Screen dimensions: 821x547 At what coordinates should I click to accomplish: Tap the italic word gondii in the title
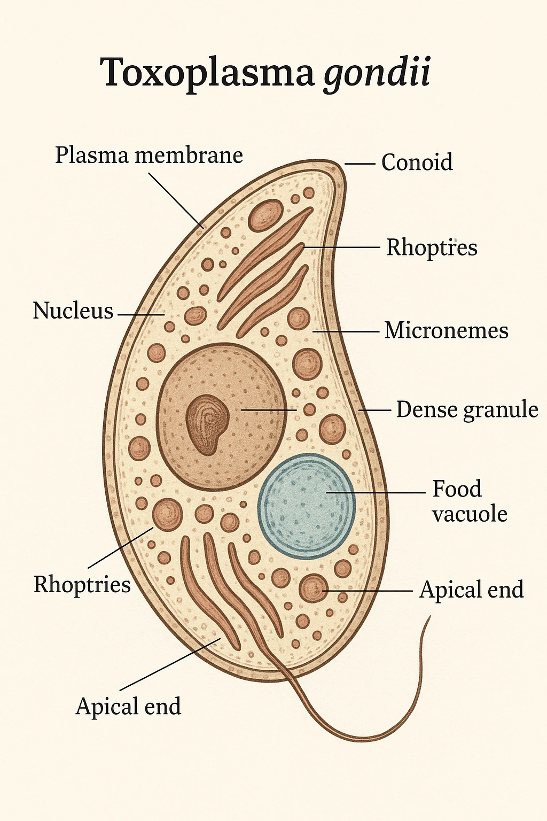tap(377, 73)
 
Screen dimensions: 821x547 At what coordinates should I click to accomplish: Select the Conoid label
tap(417, 162)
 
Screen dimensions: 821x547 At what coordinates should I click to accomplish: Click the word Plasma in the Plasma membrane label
tap(92, 156)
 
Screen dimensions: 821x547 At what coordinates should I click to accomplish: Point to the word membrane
tap(189, 156)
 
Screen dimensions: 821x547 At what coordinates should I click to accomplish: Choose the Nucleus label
tap(73, 311)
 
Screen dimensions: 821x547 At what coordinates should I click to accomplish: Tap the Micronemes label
tap(446, 330)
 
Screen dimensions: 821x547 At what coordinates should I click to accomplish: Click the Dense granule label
tap(467, 410)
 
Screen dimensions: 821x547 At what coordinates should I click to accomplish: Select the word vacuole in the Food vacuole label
tap(470, 514)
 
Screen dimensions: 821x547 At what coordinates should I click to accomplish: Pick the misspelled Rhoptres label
tap(432, 247)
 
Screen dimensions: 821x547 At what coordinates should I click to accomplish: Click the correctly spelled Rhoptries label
tap(82, 584)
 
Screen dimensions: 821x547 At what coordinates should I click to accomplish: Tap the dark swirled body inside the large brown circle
tap(207, 424)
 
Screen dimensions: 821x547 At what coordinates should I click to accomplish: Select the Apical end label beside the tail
tap(471, 590)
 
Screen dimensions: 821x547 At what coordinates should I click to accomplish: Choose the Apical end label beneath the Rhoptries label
tap(128, 706)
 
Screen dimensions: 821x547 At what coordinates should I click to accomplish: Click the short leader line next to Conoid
tap(360, 164)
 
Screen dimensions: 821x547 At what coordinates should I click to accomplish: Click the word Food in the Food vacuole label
tap(457, 489)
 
